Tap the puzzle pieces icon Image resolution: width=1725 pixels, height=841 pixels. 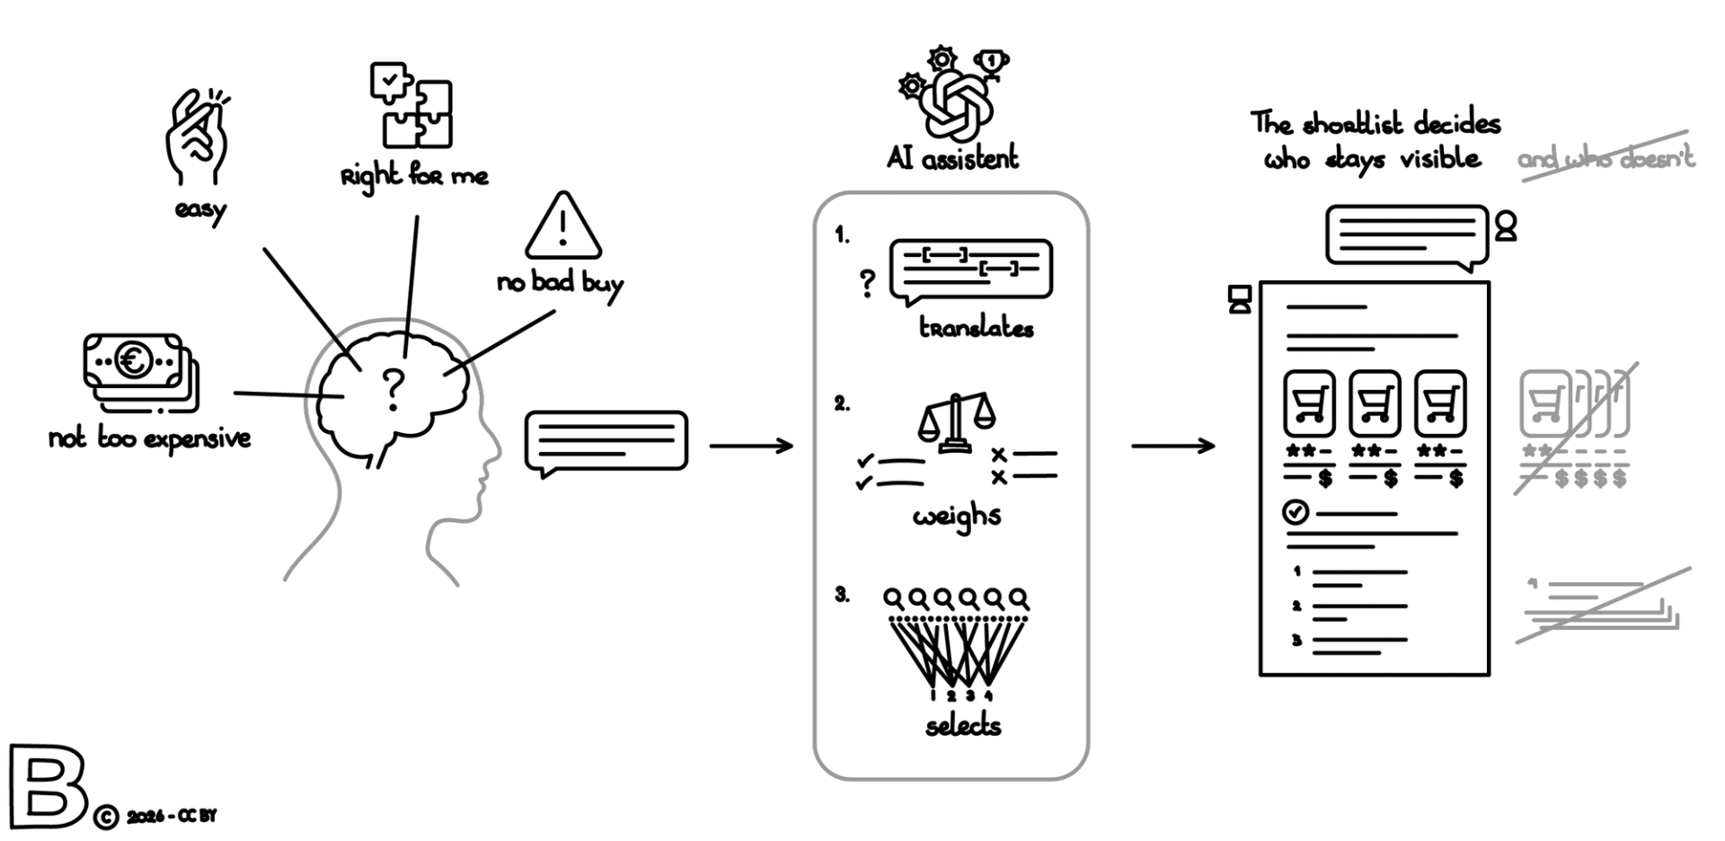click(411, 105)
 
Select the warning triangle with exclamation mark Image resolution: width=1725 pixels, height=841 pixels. click(563, 226)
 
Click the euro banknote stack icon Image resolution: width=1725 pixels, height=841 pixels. click(140, 371)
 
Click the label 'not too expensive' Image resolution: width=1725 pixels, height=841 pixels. click(149, 438)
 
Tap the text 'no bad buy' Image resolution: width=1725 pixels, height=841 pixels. click(560, 283)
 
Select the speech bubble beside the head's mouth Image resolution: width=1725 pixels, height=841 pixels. click(606, 441)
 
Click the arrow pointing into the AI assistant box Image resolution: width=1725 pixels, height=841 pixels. click(751, 445)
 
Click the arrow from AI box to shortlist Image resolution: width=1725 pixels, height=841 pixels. click(1172, 445)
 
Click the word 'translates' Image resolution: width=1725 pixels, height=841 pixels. click(976, 327)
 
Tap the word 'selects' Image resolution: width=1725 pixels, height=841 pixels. click(963, 724)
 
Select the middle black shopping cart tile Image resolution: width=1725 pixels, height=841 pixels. click(1374, 403)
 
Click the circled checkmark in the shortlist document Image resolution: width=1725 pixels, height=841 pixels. click(1295, 512)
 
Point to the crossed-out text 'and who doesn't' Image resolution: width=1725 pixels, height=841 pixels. click(1606, 158)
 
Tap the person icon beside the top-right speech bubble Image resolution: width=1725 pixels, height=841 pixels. click(1506, 226)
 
